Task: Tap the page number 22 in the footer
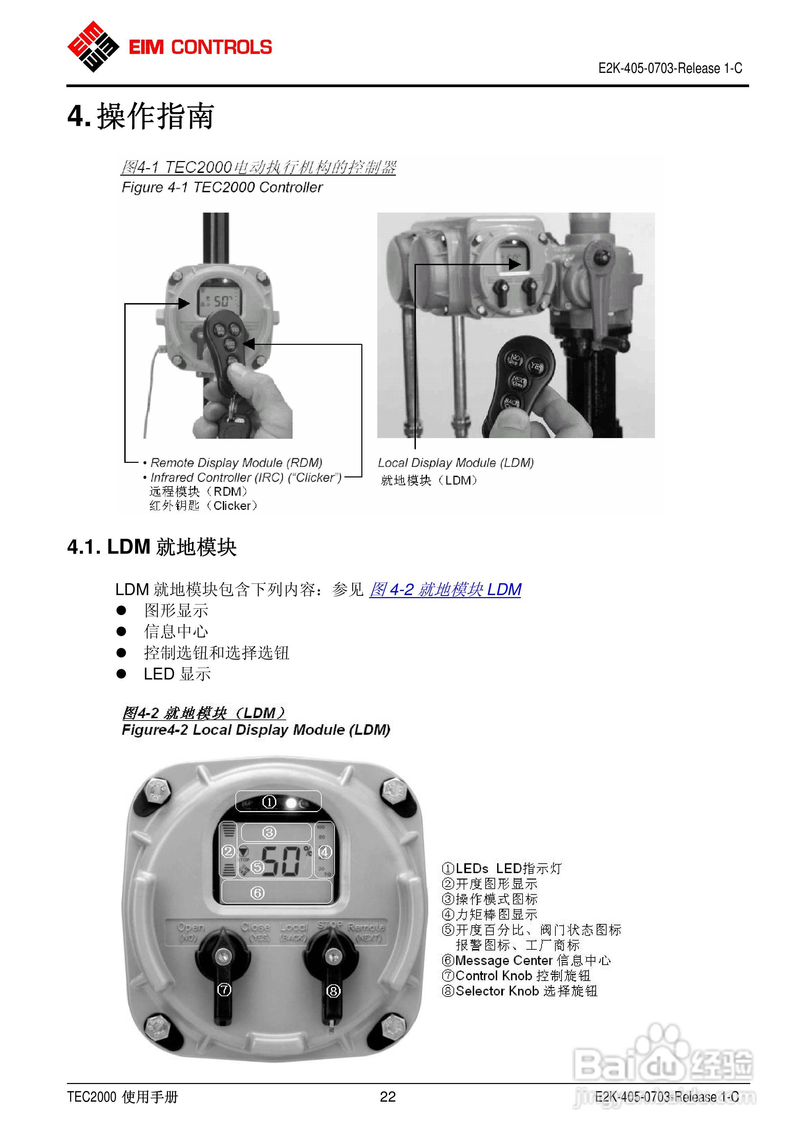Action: coord(388,1096)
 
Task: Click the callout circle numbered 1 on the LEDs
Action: coord(269,802)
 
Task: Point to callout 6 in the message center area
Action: coord(257,893)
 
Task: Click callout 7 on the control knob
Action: coord(224,990)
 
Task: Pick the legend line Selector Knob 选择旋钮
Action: coord(519,991)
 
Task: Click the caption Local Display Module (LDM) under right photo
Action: coord(456,462)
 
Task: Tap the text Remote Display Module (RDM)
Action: coord(236,462)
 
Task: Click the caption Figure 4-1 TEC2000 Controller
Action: coord(222,188)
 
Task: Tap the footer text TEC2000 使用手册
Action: coord(122,1096)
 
